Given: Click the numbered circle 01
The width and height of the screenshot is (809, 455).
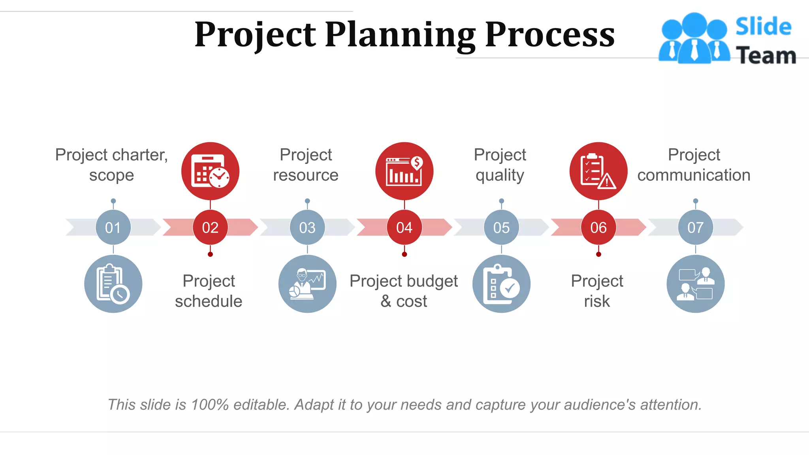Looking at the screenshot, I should coord(113,227).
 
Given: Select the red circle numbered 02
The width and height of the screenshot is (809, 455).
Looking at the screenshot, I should coord(210,227).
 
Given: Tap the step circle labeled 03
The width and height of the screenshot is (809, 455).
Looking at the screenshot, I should coord(307,227).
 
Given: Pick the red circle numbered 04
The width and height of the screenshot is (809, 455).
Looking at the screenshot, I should coord(404,227).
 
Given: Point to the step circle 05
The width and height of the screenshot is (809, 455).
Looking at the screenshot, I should coord(501,227).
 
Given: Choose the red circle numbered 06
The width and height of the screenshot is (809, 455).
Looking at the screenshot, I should coord(598,227).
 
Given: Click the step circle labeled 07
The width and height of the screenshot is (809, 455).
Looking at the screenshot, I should coord(695,227).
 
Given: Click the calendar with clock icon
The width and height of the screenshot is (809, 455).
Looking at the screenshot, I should coord(210,171).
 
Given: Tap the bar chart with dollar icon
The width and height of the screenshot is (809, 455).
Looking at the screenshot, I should coord(404,171).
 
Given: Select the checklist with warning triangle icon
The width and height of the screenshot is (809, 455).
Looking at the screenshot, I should coord(598,171).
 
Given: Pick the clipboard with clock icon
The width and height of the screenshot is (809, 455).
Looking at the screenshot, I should coord(113,284).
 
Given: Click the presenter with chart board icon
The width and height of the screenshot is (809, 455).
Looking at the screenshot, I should coord(307,284).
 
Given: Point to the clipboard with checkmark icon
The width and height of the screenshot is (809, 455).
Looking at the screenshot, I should coord(501,284).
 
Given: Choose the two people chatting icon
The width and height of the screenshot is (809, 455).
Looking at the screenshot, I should coord(695,284).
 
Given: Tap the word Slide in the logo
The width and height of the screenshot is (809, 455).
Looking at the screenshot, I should coord(763,27).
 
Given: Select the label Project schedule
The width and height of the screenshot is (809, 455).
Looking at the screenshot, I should coord(209,291).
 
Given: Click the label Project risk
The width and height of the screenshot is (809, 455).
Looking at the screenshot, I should coord(597,291).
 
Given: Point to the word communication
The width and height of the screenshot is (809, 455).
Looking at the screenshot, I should coord(694,175).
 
